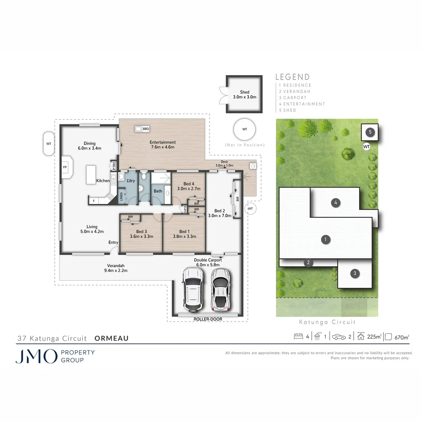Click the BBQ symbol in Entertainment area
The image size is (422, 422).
(x=138, y=129)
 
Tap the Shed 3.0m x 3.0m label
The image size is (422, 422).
(x=245, y=95)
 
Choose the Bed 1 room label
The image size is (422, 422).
(x=182, y=234)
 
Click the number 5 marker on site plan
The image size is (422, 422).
(x=370, y=132)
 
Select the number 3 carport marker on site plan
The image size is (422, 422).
(x=355, y=273)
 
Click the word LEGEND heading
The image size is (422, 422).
(x=293, y=77)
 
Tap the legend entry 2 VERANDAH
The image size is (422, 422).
(x=295, y=91)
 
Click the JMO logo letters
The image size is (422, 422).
(x=36, y=356)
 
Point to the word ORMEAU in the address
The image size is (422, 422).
(x=112, y=338)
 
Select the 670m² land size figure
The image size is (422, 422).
(x=402, y=337)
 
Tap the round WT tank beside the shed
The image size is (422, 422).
(x=245, y=129)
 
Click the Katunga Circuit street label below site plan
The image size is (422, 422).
(x=327, y=322)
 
